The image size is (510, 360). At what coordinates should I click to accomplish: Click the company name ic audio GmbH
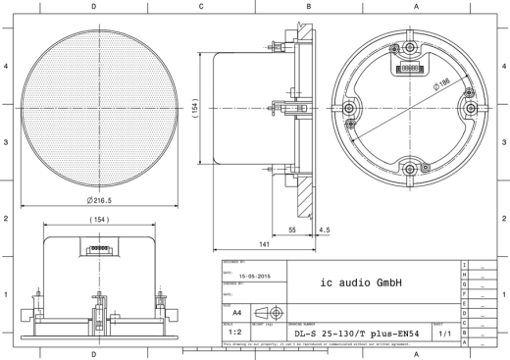click(361, 283)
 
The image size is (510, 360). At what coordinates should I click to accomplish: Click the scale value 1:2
click(235, 332)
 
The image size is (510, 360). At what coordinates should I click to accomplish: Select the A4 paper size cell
click(235, 309)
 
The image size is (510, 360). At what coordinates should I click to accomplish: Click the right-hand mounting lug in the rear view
click(472, 105)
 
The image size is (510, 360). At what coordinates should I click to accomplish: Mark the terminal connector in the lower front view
click(98, 248)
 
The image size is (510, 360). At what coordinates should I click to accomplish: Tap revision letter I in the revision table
click(464, 266)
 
